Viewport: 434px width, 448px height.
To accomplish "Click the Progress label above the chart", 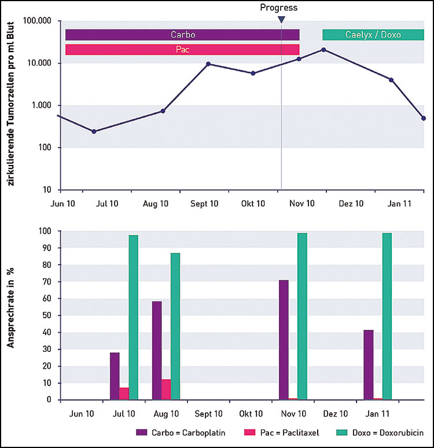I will pos(278,8).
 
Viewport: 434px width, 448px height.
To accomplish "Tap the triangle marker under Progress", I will pos(281,20).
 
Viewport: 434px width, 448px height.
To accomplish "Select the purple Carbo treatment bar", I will pos(182,35).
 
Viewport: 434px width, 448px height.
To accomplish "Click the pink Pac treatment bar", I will pos(182,50).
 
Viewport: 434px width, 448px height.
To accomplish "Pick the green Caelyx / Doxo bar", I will pos(373,35).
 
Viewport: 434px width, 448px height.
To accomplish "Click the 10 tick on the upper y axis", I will pos(46,190).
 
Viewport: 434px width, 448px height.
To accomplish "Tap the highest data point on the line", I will pos(323,50).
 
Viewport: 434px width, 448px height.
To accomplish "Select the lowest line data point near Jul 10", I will pos(94,131).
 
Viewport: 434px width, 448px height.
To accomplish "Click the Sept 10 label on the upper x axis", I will pos(204,204).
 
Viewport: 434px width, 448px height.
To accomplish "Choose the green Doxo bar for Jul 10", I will pos(134,317).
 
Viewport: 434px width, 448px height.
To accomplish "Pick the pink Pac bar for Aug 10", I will pos(166,390).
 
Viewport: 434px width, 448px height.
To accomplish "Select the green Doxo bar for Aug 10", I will pos(175,326).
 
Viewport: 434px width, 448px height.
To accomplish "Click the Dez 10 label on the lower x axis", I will pos(336,414).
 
